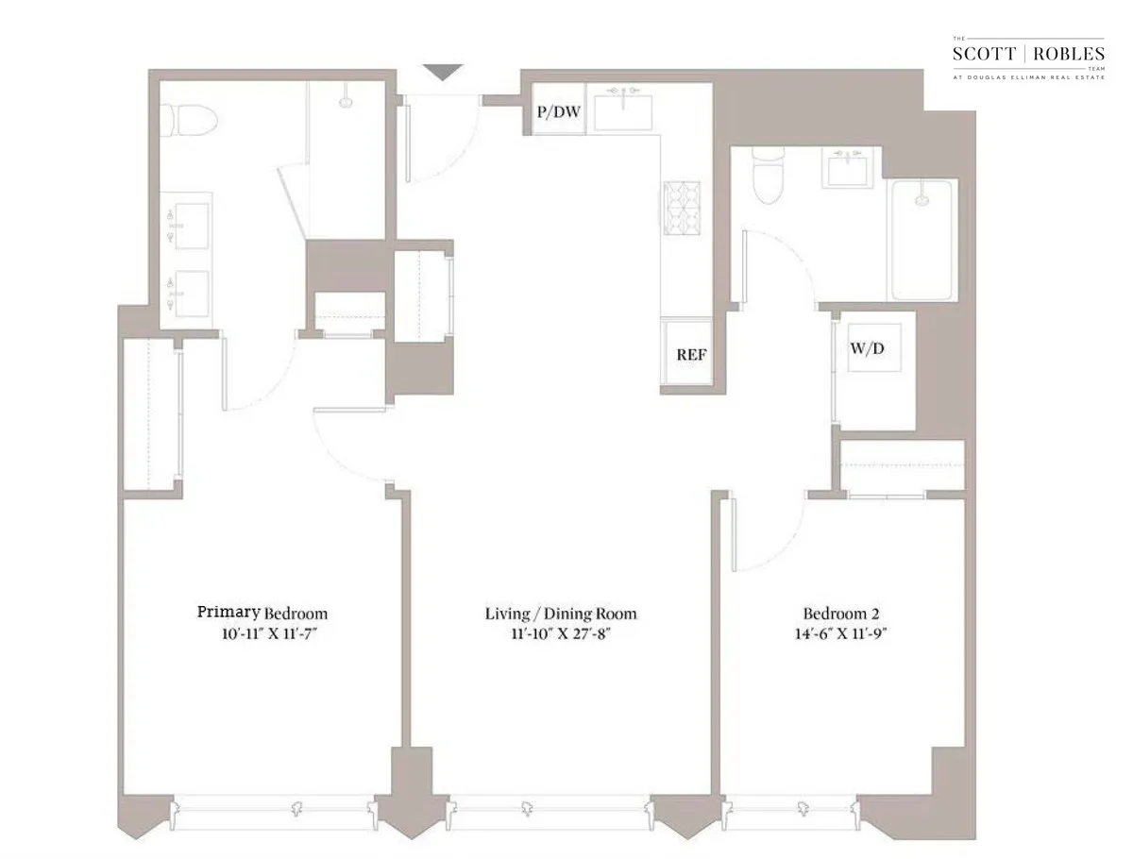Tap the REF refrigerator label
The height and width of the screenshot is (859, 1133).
[691, 356]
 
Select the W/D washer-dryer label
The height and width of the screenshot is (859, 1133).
[869, 347]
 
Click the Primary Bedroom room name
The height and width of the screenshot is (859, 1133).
[262, 613]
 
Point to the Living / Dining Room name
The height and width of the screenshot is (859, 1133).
[561, 614]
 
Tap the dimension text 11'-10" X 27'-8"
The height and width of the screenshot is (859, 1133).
[561, 633]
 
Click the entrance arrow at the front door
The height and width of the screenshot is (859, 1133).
[442, 73]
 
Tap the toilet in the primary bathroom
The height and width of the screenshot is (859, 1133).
[189, 119]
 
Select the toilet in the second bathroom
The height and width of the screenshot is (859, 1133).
[766, 177]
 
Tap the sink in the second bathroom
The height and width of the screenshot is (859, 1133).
[850, 170]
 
